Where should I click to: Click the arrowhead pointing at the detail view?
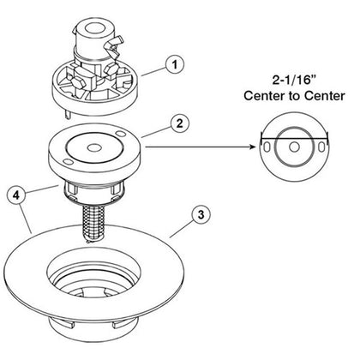tap(254, 147)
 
